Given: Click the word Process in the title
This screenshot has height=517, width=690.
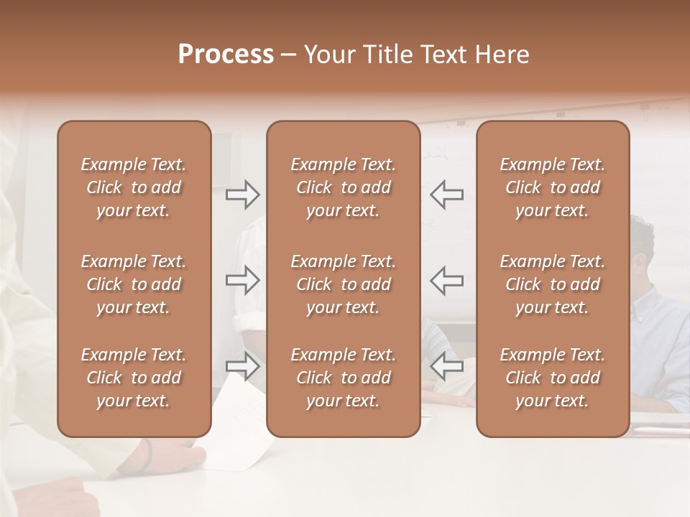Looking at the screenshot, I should coord(226,55).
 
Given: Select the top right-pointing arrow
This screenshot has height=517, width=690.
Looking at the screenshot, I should coord(243,194).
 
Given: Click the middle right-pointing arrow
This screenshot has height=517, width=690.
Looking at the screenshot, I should coord(243,280).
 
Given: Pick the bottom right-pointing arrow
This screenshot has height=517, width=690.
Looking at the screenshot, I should coord(243,366).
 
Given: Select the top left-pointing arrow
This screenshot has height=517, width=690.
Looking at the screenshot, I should coord(446,194).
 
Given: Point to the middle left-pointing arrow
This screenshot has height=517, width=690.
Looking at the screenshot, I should coord(446,280).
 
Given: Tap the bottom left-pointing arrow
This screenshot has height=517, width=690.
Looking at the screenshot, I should coord(446,366).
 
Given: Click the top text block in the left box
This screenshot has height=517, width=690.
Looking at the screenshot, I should coord(134,187).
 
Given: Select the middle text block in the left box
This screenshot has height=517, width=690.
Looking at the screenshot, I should coord(134,284).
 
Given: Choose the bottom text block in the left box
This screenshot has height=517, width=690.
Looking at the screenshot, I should coord(134,378).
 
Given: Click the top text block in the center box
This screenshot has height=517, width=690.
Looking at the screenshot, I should coord(343,187).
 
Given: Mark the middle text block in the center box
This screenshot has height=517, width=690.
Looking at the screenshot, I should coord(343,284).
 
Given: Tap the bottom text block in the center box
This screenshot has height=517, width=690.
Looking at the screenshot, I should coord(343,378).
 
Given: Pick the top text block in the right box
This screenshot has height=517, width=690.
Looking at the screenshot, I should coord(552,187).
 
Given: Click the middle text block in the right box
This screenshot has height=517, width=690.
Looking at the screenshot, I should coord(552,284).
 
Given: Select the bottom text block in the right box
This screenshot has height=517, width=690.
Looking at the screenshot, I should coord(552,378).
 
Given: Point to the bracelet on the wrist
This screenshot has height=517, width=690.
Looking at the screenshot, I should coord(148,457).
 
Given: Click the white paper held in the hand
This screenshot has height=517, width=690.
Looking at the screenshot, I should coord(244,431).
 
